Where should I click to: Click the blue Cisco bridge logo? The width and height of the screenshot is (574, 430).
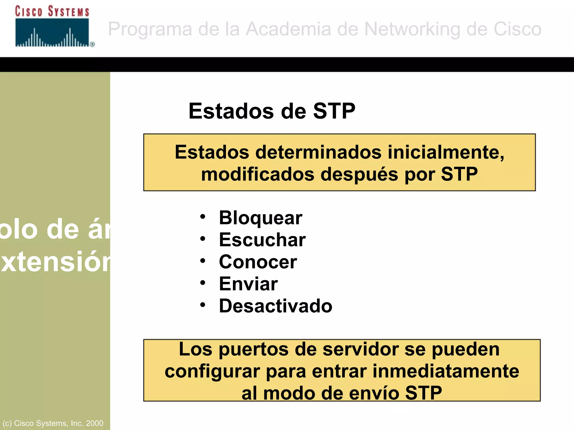52,33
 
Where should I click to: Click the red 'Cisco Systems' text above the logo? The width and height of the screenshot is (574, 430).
52,11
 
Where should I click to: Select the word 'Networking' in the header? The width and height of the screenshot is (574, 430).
412,29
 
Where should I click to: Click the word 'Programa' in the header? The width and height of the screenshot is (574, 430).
150,29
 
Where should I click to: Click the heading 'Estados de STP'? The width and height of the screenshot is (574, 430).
272,111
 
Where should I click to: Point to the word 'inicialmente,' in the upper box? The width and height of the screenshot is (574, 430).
446,153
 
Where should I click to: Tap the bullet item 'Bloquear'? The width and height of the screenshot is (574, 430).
260,218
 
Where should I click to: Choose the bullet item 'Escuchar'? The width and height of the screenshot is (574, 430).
262,240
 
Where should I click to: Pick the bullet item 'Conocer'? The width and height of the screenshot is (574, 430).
258,262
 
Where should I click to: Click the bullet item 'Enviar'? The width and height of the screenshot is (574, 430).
248,284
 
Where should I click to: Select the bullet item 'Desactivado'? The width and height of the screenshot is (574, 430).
276,306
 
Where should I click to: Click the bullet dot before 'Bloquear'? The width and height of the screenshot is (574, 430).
203,217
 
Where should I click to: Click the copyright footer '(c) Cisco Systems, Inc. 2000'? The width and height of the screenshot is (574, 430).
53,423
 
